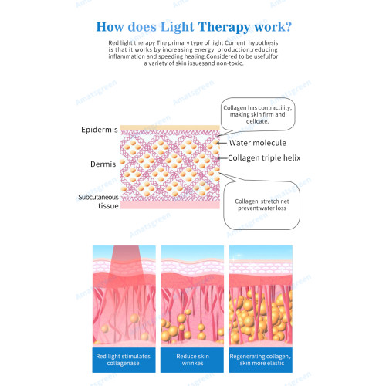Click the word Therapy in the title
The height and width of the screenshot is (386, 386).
click(x=224, y=27)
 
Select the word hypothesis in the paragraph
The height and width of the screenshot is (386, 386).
click(x=263, y=42)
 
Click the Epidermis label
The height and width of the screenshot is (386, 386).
click(x=100, y=130)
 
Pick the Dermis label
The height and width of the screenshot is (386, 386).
click(x=103, y=164)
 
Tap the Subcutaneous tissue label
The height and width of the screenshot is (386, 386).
click(x=98, y=201)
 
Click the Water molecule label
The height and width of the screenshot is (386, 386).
click(x=258, y=143)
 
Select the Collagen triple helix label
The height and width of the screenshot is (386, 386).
click(x=264, y=157)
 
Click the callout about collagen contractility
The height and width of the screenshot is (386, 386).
click(x=258, y=114)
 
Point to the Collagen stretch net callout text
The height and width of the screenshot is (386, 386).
click(x=262, y=205)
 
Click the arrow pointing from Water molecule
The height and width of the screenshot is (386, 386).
click(x=222, y=143)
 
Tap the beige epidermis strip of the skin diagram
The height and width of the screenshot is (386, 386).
click(x=170, y=127)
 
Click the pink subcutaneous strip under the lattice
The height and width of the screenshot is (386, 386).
click(x=170, y=205)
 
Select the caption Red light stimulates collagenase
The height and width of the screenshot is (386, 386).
click(x=124, y=360)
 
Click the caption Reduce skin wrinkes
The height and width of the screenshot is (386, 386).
click(x=192, y=360)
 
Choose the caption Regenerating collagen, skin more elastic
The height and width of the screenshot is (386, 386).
click(x=260, y=360)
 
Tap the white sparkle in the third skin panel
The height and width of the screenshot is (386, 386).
click(x=239, y=256)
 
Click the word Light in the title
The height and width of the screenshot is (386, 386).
click(x=178, y=27)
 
